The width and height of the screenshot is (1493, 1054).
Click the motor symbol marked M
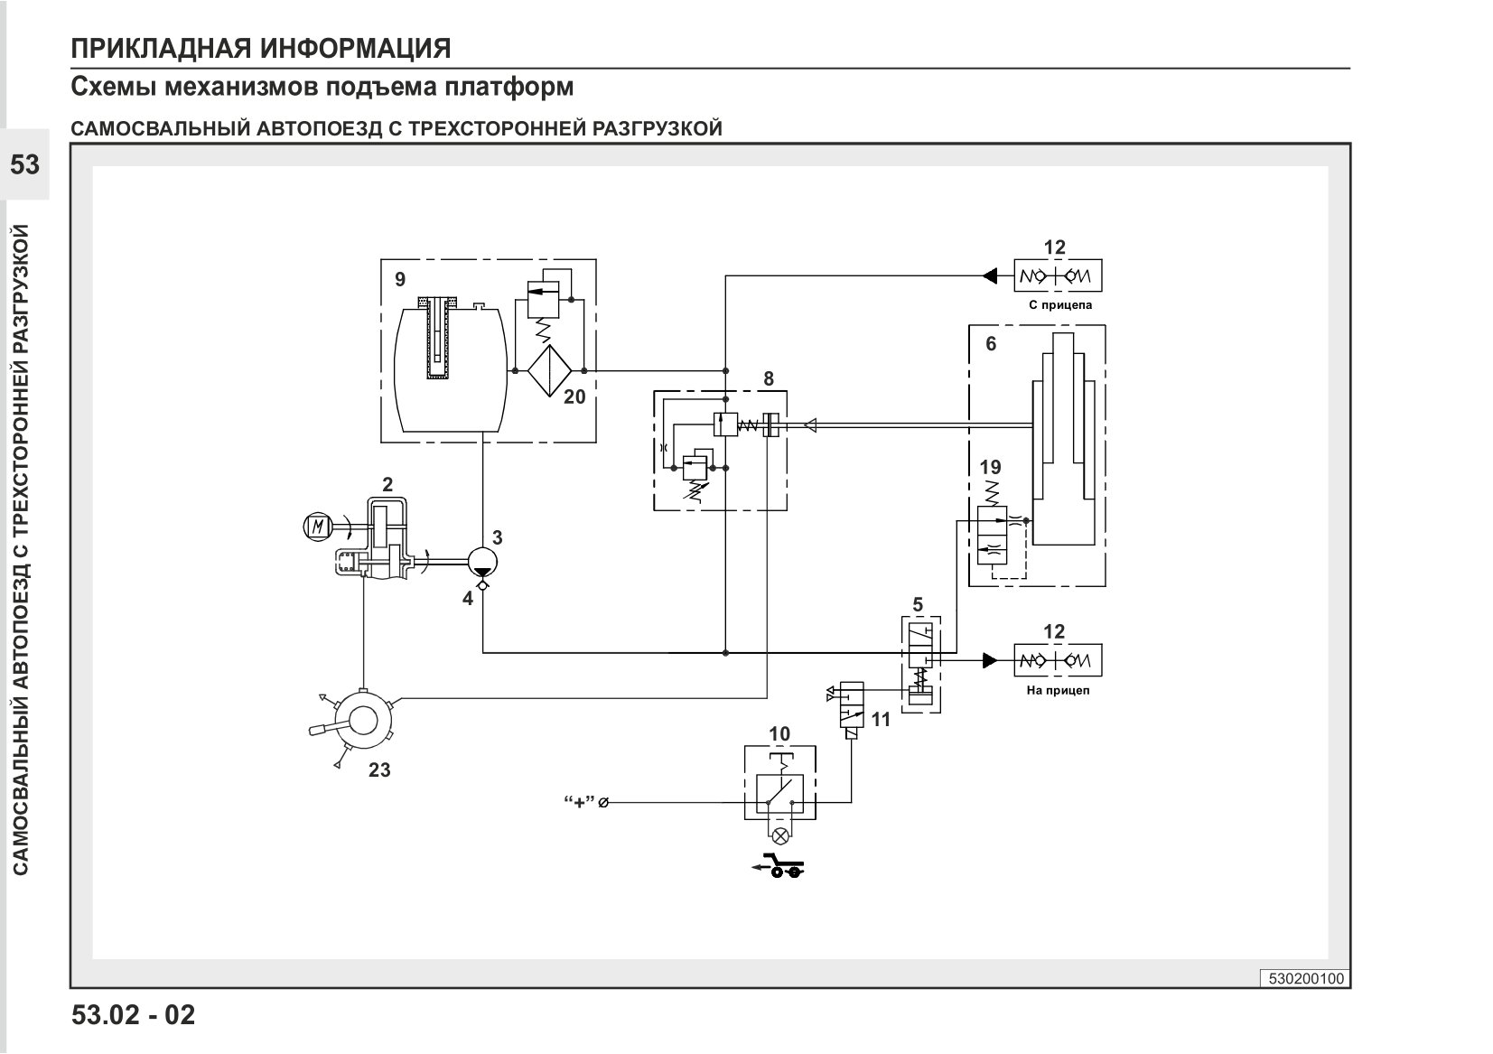(x=318, y=527)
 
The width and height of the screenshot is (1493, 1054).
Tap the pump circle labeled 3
(x=482, y=561)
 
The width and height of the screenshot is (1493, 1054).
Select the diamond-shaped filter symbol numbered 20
(x=550, y=370)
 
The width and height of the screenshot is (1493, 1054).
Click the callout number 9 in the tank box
(x=400, y=279)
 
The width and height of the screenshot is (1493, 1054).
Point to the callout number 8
(x=769, y=378)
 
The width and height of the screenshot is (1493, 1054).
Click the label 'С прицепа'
(x=1060, y=305)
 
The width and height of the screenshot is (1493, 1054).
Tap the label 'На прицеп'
(x=1058, y=691)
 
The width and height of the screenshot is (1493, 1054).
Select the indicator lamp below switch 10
(x=779, y=836)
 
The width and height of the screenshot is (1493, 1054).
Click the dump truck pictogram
(x=778, y=865)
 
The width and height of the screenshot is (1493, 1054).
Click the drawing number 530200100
(x=1306, y=979)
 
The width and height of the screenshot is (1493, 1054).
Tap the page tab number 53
(x=24, y=164)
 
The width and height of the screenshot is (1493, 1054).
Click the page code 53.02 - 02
(x=134, y=1015)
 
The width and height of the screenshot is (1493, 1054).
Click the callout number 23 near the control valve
(x=379, y=770)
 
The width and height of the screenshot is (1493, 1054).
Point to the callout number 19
(x=991, y=467)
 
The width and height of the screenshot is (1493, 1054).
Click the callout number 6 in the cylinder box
(x=991, y=343)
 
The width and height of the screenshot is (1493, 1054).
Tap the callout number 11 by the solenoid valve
(x=881, y=719)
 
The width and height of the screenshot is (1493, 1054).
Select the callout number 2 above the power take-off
(x=387, y=484)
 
